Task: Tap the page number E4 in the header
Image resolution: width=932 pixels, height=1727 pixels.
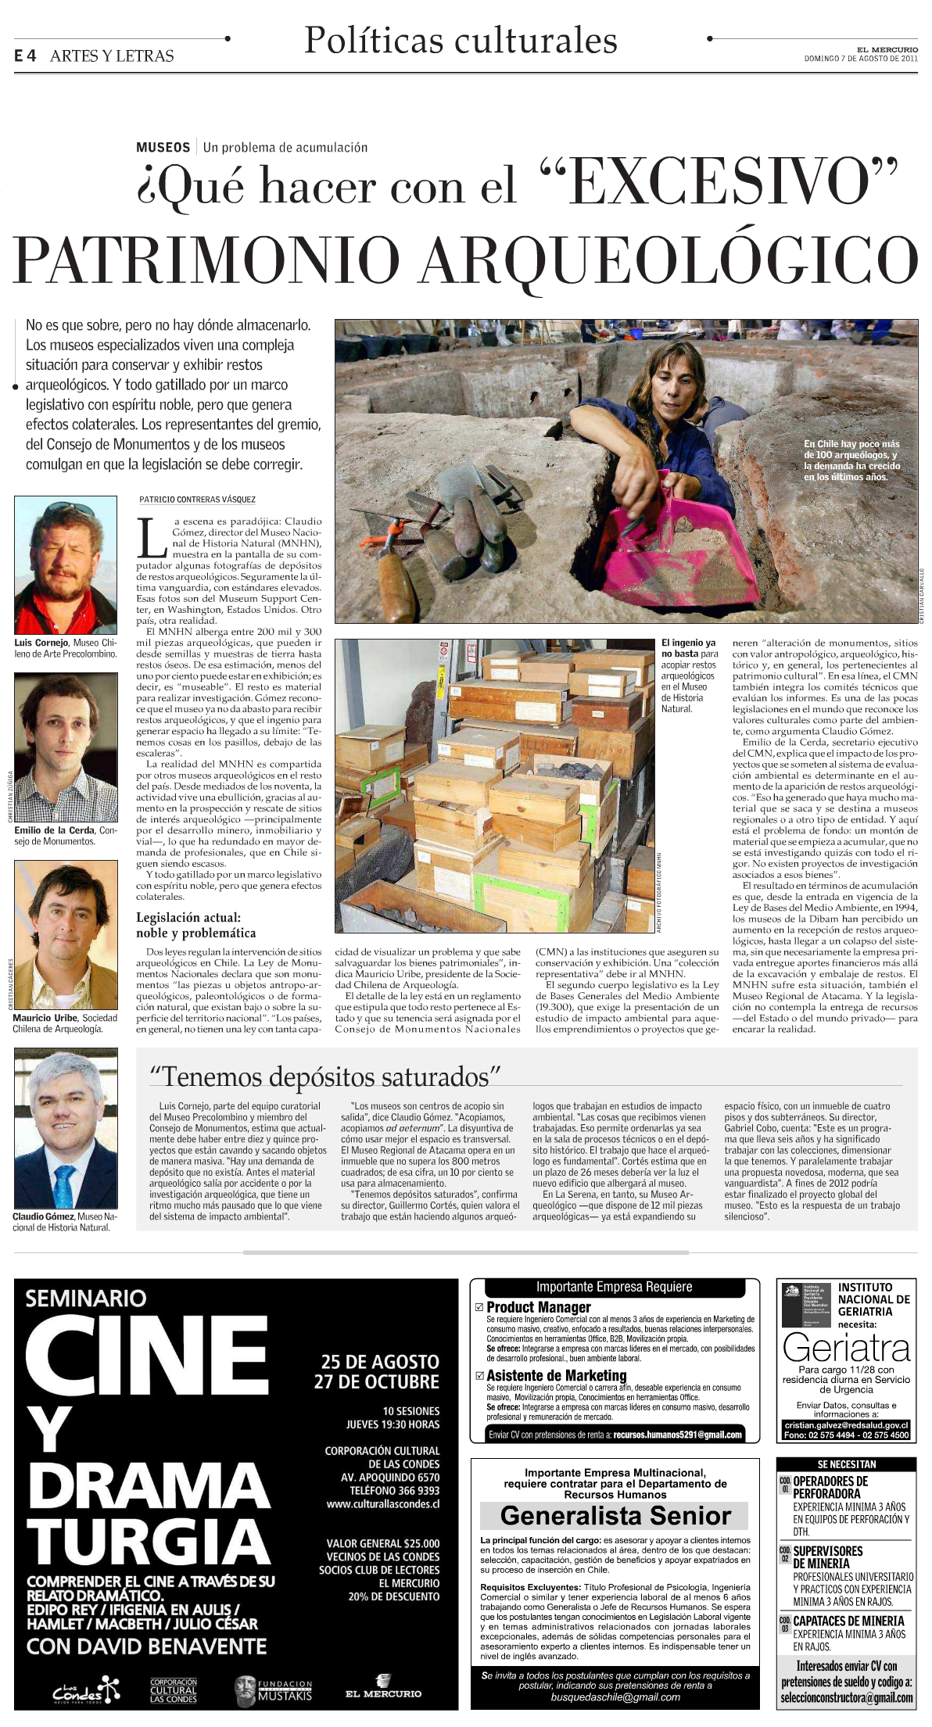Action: (25, 56)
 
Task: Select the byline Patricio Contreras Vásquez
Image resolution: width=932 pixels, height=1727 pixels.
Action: (197, 500)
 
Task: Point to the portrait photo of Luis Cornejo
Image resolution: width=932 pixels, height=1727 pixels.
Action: (66, 565)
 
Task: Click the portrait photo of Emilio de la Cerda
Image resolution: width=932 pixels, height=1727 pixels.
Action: (66, 747)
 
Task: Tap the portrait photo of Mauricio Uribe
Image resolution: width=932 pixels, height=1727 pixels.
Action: (66, 934)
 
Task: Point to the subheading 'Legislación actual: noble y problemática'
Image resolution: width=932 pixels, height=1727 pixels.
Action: (195, 925)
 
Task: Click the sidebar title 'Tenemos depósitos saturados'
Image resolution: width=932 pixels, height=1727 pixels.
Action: (324, 1077)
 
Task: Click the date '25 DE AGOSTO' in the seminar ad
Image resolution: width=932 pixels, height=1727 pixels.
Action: (380, 1361)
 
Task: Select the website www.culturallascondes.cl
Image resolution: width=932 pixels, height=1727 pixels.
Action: (382, 1503)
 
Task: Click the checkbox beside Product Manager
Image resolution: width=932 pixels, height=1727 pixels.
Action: (480, 1307)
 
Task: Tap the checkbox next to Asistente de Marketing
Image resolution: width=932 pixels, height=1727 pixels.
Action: (480, 1375)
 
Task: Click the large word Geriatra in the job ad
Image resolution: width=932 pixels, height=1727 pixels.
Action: (847, 1349)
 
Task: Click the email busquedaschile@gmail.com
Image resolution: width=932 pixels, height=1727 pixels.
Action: (615, 1697)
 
